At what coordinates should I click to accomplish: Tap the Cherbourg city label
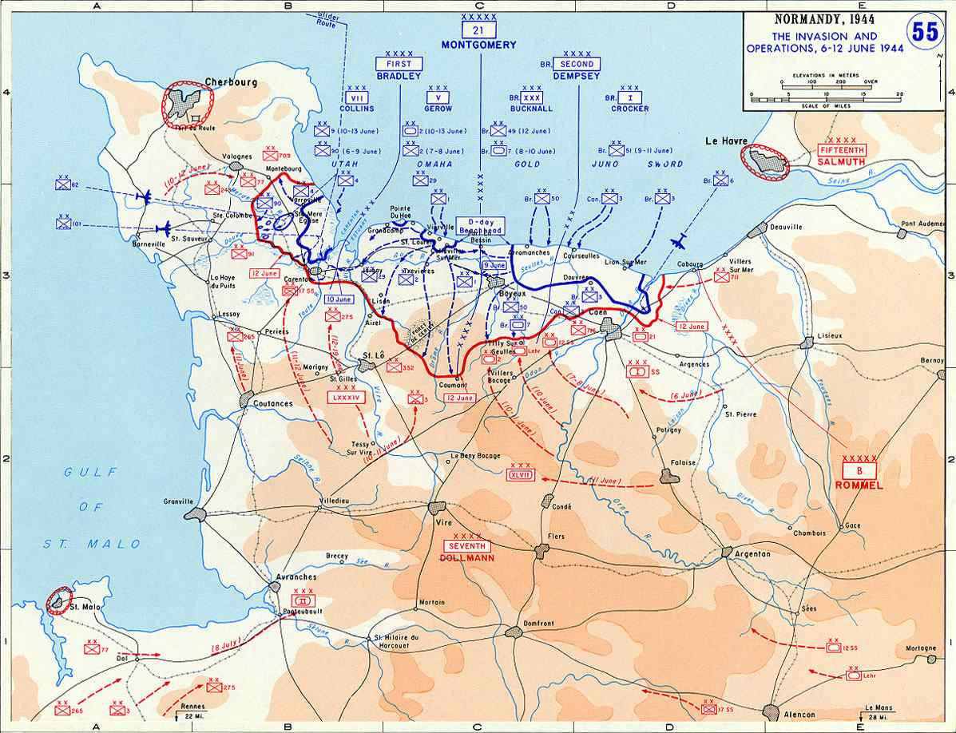(227, 81)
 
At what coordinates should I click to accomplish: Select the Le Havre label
(725, 141)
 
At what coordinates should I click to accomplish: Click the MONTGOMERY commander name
(479, 45)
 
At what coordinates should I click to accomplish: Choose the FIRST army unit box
(399, 64)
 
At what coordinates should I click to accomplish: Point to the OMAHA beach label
(434, 164)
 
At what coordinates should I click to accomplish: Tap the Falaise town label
(684, 462)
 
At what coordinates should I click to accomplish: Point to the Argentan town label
(752, 553)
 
